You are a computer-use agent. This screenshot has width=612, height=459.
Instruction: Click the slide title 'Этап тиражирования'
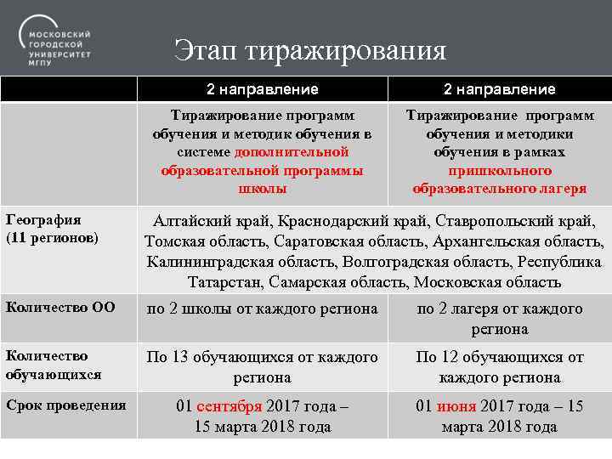pos(310,50)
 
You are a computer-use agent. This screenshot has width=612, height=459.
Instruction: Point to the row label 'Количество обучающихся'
pos(53,365)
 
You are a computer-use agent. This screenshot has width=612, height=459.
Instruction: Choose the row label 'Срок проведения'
pos(65,405)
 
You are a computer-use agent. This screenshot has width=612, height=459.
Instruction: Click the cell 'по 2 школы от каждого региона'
pos(262,309)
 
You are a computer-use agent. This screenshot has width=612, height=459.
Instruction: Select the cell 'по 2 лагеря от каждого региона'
pos(500,318)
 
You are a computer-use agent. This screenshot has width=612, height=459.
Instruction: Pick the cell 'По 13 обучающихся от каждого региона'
pos(262,366)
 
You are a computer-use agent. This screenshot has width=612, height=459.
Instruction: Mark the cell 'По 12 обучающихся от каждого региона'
pos(500,366)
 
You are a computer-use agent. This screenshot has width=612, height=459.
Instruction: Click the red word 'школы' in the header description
pos(263,188)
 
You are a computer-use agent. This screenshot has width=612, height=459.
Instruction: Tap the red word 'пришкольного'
pos(500,170)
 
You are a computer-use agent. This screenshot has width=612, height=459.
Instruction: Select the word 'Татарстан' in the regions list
pos(224,281)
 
